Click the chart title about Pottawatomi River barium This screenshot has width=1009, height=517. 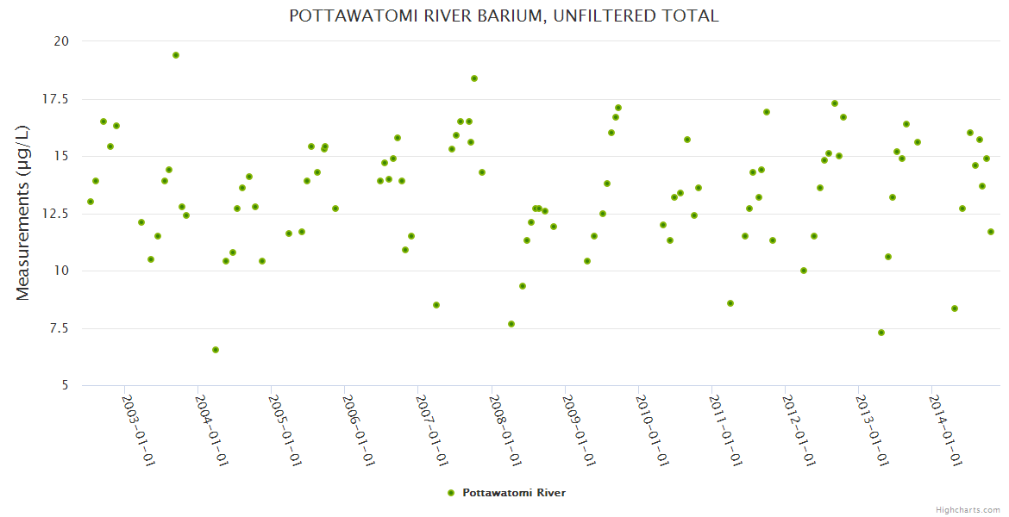[x=504, y=16]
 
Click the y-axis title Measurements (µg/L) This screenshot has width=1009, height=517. [x=23, y=213]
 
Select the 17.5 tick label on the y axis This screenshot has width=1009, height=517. [x=56, y=99]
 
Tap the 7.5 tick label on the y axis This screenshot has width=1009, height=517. [x=60, y=328]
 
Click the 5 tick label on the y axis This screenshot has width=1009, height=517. [x=66, y=385]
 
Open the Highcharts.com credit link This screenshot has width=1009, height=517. [x=968, y=509]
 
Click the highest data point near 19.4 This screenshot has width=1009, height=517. [x=176, y=55]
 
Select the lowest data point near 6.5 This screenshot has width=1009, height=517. [x=216, y=350]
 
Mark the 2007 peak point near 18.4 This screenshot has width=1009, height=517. [x=474, y=78]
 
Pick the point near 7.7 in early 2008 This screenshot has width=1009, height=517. [x=511, y=324]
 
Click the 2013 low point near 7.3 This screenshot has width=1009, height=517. [x=881, y=333]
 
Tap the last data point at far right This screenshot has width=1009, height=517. [x=991, y=232]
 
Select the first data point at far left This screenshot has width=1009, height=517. [x=91, y=202]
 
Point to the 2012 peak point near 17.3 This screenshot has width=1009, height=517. [x=835, y=103]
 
